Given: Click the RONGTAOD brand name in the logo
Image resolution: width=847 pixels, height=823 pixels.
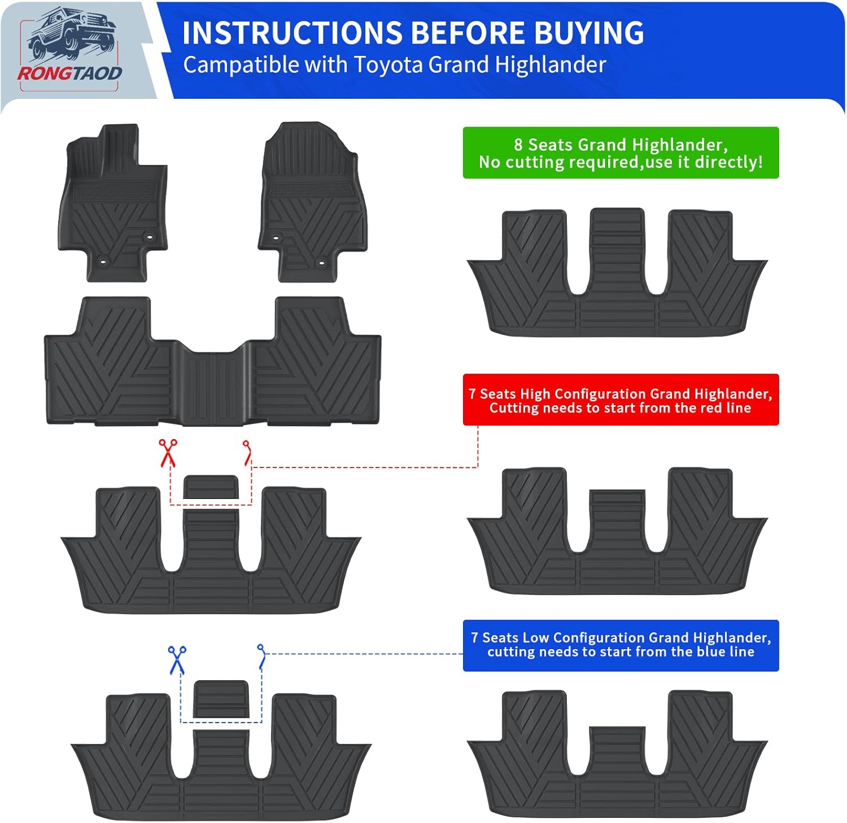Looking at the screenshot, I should click(x=69, y=73).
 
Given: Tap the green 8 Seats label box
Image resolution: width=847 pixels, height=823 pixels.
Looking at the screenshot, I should click(x=621, y=153).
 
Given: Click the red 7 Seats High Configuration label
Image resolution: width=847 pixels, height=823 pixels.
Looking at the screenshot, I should click(x=621, y=400).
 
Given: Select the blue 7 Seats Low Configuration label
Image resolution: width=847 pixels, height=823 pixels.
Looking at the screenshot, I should click(x=621, y=645).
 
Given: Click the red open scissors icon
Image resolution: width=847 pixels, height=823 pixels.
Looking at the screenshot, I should click(x=168, y=453).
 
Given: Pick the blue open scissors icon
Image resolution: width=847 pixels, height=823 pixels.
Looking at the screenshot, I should click(x=177, y=659).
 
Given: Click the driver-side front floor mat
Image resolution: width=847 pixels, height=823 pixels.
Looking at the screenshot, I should click(x=112, y=209).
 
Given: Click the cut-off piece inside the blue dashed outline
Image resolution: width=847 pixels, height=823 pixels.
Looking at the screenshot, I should click(x=220, y=698).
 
